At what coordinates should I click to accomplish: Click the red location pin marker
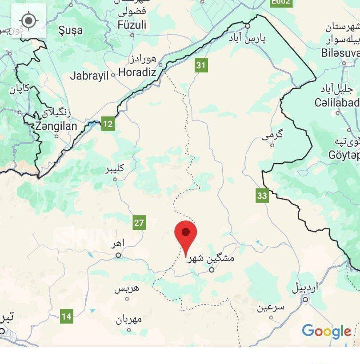(x=186, y=236)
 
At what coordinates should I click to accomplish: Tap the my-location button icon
(x=29, y=20)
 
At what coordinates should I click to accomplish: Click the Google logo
(x=326, y=332)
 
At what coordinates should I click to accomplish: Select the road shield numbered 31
(x=201, y=66)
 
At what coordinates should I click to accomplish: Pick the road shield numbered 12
(x=108, y=124)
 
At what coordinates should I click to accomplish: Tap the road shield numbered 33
(x=262, y=196)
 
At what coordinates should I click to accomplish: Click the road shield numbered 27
(x=139, y=222)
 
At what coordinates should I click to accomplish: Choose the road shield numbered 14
(x=66, y=317)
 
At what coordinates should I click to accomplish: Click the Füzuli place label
(x=132, y=25)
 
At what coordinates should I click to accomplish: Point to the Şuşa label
(x=71, y=30)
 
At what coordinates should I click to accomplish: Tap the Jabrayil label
(x=89, y=76)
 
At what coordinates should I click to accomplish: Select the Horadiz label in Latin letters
(x=137, y=72)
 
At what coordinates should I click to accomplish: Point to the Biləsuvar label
(x=340, y=53)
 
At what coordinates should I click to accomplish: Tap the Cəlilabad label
(x=336, y=103)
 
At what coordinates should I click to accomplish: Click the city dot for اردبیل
(x=305, y=299)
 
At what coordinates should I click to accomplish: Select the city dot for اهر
(x=119, y=255)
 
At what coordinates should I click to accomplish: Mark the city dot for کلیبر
(x=115, y=180)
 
